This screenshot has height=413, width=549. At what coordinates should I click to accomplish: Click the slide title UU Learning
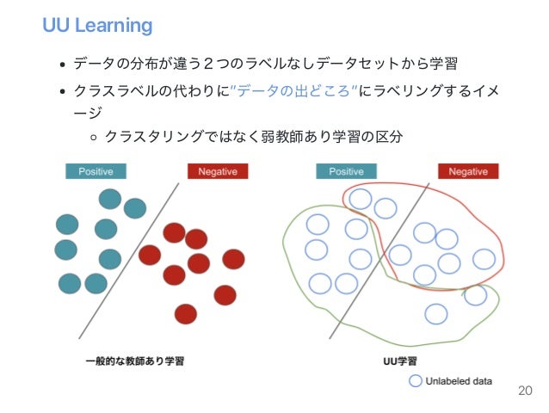tap(97, 25)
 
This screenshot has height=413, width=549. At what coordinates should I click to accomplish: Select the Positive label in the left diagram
tap(96, 171)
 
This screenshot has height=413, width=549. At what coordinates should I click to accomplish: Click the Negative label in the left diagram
tap(218, 171)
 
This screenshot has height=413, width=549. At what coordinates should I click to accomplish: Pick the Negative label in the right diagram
tap(468, 171)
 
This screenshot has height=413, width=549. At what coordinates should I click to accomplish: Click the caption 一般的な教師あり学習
tap(134, 361)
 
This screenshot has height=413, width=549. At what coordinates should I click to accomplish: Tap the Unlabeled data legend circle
tap(415, 380)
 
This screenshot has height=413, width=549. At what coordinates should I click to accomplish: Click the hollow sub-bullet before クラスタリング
tap(93, 137)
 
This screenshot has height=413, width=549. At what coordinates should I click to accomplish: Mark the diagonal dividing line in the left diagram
tap(129, 258)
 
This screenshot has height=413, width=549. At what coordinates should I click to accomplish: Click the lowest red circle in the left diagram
tap(185, 313)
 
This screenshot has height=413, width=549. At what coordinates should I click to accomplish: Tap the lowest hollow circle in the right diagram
tap(436, 313)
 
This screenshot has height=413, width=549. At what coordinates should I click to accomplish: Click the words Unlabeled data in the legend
tap(459, 380)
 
